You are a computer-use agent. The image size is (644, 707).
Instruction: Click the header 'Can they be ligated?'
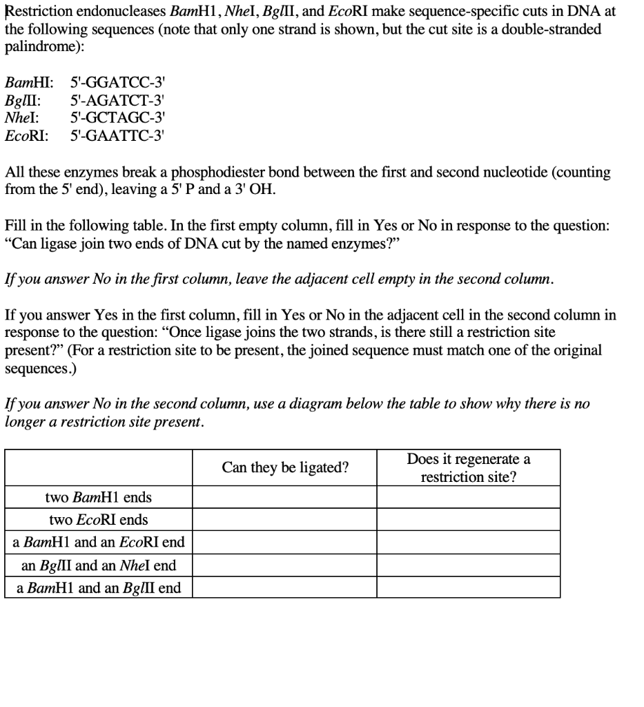[285, 468]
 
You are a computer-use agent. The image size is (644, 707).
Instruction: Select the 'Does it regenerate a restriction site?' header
[469, 468]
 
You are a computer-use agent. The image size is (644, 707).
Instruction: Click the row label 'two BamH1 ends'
[98, 497]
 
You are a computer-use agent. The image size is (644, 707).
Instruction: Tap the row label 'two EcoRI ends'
[98, 519]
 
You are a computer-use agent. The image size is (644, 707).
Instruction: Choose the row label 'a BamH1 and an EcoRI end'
[98, 542]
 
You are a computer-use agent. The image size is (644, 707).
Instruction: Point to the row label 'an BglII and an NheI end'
[98, 565]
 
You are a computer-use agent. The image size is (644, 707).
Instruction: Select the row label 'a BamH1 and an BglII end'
[98, 588]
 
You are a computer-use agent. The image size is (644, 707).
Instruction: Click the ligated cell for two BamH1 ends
[285, 497]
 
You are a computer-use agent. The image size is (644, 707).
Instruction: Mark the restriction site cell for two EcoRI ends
[469, 519]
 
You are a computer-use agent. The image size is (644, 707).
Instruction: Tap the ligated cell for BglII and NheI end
[285, 565]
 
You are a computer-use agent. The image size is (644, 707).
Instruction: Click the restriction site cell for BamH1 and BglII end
[469, 588]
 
